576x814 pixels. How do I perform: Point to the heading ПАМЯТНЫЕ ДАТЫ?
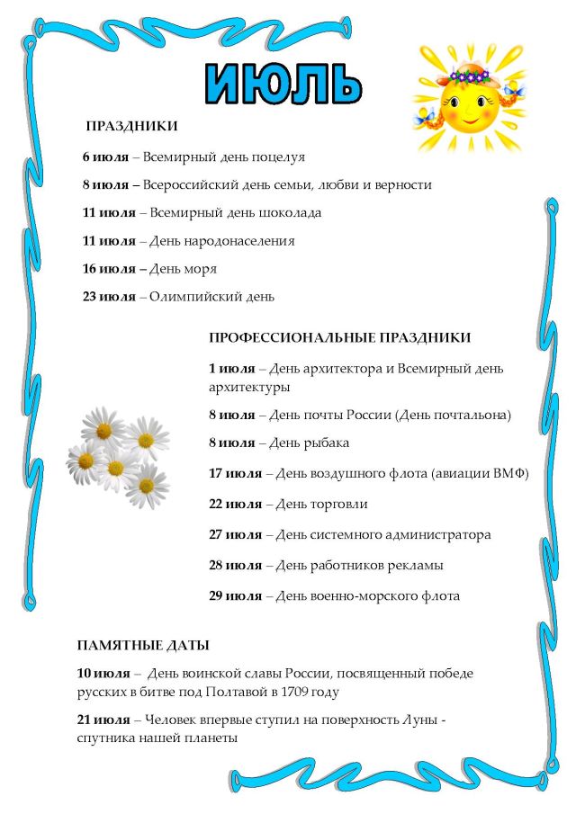[143, 645]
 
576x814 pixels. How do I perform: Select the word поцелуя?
[278, 157]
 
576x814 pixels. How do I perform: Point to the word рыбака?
[327, 443]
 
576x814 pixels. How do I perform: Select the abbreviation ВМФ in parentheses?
[507, 473]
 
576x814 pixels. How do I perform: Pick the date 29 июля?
[235, 595]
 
